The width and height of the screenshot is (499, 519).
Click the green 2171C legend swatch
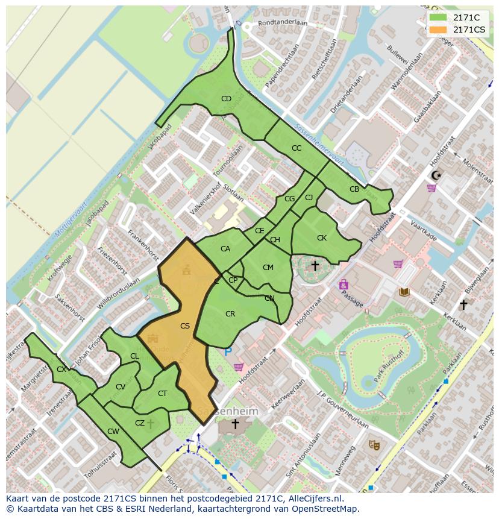pyautogui.click(x=438, y=17)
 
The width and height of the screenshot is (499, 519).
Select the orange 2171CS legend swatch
pyautogui.click(x=438, y=30)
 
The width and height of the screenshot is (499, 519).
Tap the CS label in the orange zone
pyautogui.click(x=185, y=326)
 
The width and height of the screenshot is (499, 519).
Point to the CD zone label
pyautogui.click(x=226, y=99)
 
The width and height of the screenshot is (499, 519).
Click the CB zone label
pyautogui.click(x=354, y=189)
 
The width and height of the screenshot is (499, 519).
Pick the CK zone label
pyautogui.click(x=322, y=238)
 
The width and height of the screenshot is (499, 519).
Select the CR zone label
pyautogui.click(x=230, y=314)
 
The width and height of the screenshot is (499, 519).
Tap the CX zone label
pyautogui.click(x=61, y=370)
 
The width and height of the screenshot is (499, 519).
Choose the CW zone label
pyautogui.click(x=113, y=432)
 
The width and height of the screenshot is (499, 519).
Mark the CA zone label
pyautogui.click(x=225, y=249)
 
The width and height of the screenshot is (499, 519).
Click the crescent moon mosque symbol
pyautogui.click(x=436, y=175)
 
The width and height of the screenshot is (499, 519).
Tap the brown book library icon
pyautogui.click(x=404, y=292)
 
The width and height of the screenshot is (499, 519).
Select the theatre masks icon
pyautogui.click(x=374, y=445)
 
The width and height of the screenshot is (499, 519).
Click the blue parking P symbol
pyautogui.click(x=228, y=351)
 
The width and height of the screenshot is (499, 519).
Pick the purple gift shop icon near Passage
pyautogui.click(x=344, y=284)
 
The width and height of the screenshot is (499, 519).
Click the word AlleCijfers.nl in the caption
pyautogui.click(x=313, y=499)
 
